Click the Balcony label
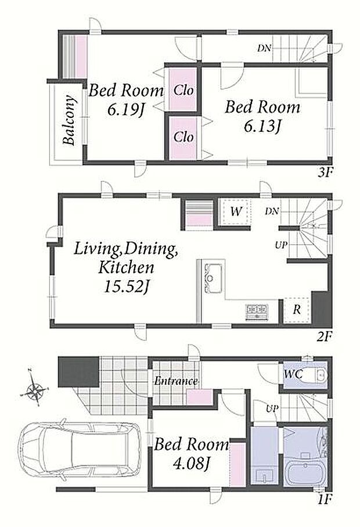[x=69, y=120]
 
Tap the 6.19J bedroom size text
[x=125, y=109]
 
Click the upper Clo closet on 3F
[x=182, y=89]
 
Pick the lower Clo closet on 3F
[x=182, y=137]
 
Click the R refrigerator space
[x=297, y=310]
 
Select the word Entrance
[x=176, y=381]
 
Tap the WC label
[x=293, y=374]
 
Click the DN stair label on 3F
[x=264, y=48]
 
